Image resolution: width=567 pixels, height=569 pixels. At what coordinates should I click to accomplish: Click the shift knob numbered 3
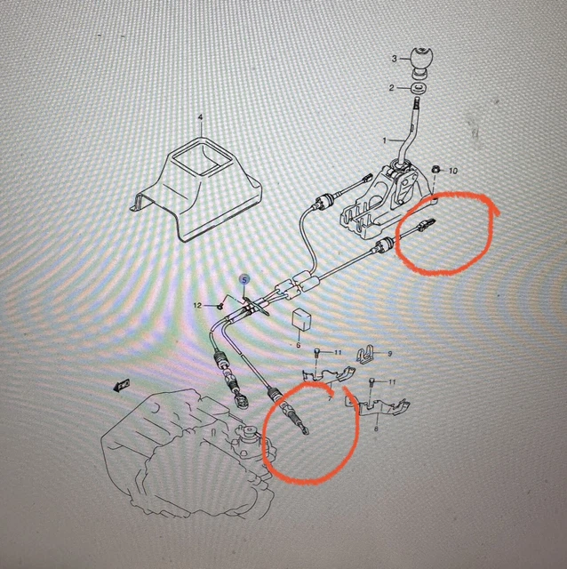421,62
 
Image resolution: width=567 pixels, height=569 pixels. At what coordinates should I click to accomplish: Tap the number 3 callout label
395,59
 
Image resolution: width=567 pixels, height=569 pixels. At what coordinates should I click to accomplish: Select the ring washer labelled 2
419,88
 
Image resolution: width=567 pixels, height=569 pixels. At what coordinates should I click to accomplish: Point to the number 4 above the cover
200,117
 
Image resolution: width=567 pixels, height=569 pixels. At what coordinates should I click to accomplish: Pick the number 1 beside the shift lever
385,140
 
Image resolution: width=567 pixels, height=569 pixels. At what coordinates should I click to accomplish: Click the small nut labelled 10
435,169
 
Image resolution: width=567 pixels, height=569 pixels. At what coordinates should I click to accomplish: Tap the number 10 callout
453,171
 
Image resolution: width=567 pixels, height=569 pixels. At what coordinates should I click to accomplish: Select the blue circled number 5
244,280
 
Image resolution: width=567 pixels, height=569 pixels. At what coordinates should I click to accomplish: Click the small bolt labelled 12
220,307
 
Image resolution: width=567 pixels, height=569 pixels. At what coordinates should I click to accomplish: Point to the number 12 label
197,306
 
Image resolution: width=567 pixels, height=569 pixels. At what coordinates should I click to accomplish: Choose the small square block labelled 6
301,320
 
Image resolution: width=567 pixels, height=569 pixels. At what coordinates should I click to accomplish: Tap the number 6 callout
299,345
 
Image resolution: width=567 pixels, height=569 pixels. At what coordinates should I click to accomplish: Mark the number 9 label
390,354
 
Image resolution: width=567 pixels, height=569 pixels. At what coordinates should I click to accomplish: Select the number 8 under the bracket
376,429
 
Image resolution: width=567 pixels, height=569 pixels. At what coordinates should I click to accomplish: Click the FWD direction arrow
122,385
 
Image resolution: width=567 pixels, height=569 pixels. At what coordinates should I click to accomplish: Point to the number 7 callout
330,399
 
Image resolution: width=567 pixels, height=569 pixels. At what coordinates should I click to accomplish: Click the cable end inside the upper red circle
425,225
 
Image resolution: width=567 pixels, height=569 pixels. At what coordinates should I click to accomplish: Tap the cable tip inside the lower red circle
305,430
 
